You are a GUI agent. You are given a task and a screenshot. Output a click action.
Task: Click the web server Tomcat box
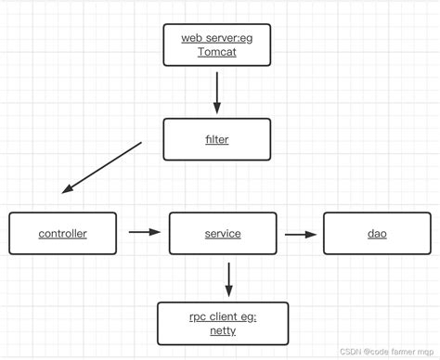tap(217, 45)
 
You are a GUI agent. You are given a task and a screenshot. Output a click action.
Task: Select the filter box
tap(217, 140)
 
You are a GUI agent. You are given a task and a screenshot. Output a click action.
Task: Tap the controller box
tap(63, 234)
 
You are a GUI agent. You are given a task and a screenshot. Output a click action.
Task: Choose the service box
tap(223, 234)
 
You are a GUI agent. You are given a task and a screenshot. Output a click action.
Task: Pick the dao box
tap(377, 234)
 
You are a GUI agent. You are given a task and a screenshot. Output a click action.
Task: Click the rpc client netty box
tap(223, 324)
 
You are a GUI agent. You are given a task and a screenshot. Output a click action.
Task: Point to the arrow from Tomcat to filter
tap(217, 92)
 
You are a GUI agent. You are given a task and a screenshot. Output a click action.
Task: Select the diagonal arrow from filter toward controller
tap(102, 168)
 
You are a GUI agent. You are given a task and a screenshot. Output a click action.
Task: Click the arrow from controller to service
tap(144, 233)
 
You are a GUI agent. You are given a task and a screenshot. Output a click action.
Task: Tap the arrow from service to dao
tap(300, 234)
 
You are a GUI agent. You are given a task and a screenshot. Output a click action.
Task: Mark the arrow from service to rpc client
tap(228, 277)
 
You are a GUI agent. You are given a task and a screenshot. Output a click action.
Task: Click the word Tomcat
tap(217, 53)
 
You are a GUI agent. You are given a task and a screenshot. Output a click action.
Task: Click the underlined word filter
tap(217, 140)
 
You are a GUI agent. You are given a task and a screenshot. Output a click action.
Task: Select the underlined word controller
tap(63, 234)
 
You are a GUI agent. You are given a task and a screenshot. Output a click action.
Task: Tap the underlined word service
tap(223, 234)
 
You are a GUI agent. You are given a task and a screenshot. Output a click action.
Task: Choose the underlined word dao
tap(377, 234)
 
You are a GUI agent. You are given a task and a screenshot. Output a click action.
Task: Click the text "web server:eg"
tap(217, 37)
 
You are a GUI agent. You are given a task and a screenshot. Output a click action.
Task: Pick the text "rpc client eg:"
tap(223, 316)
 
